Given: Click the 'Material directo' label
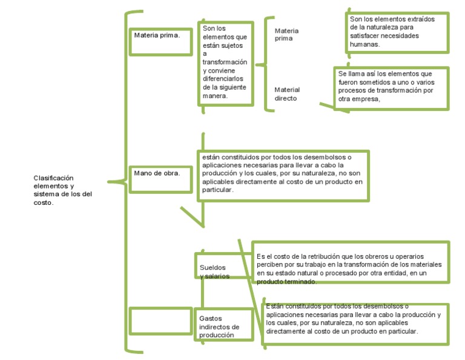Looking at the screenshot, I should [x=287, y=94].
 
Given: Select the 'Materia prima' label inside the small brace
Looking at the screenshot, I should [x=286, y=35].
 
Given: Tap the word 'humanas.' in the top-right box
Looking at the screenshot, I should [x=365, y=44].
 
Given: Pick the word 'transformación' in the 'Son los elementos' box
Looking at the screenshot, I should [x=225, y=62].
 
